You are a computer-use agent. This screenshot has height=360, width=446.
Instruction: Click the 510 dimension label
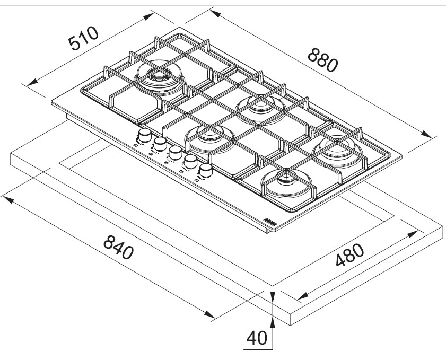83,38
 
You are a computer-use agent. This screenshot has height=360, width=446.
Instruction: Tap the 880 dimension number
323,60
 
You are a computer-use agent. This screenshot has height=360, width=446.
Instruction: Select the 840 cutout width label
118,248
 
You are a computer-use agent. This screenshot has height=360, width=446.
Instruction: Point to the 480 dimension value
349,255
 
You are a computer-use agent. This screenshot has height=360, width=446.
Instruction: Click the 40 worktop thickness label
257,338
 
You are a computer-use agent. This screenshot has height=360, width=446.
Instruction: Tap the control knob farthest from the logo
145,135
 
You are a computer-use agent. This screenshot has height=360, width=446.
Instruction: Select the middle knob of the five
175,153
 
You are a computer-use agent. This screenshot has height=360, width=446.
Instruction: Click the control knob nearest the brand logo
205,171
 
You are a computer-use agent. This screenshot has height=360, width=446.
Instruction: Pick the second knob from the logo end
190,162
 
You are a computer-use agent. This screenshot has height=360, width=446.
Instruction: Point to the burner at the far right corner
337,151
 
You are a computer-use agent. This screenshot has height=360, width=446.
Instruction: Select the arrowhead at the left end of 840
8,200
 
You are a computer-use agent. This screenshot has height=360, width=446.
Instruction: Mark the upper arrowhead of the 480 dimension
413,234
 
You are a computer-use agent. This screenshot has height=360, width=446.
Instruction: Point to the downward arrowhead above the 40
273,297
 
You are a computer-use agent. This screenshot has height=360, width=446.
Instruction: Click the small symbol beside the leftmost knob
135,146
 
